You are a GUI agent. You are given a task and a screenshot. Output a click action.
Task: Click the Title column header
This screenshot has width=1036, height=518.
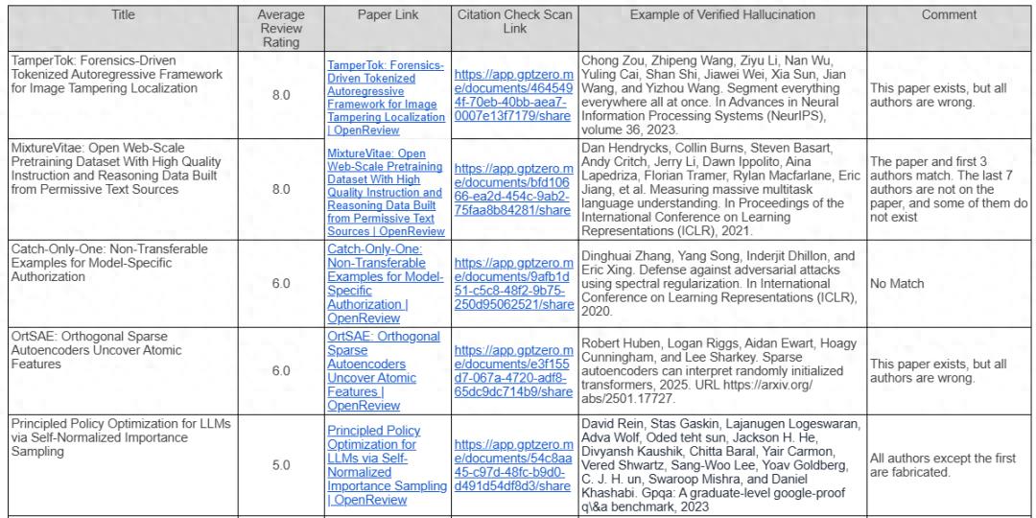coord(124,15)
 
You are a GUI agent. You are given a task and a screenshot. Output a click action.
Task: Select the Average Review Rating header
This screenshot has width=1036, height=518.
coord(280,29)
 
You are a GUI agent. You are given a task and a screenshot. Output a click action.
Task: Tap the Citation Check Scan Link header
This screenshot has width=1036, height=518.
coord(513,22)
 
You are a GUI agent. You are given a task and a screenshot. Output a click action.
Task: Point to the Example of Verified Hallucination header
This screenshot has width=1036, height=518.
coord(722,15)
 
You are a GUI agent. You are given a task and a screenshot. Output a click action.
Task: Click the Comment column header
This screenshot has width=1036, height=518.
coord(949,15)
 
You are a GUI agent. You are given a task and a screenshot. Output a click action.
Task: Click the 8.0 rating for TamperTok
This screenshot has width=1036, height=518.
coord(280,95)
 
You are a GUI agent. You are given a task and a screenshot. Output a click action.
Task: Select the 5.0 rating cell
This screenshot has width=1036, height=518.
coord(280,465)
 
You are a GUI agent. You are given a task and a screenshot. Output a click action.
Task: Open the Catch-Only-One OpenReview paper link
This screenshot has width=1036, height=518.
coord(384,284)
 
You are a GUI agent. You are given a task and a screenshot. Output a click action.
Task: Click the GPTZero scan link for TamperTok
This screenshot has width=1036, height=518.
coord(513,95)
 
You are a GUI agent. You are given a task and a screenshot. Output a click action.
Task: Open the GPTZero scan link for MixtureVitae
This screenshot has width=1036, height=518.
coord(513,190)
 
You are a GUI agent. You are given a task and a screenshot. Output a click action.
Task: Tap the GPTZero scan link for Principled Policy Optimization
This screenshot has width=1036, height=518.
coord(513,465)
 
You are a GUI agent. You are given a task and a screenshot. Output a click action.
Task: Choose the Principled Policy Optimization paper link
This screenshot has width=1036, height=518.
coord(384,465)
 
